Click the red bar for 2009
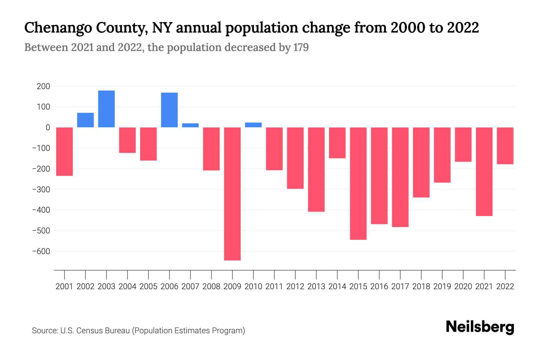232,193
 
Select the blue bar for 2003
106,109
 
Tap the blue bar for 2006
169,110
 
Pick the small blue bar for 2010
253,125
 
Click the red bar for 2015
358,183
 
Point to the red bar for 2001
64,151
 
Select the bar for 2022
505,146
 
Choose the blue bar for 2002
85,120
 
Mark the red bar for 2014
337,143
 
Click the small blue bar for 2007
190,125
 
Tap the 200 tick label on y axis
43,86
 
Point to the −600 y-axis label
41,251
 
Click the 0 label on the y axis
48,127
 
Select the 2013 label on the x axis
316,286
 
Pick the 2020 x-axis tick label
463,286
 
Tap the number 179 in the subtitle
301,47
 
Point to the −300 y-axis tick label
41,190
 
